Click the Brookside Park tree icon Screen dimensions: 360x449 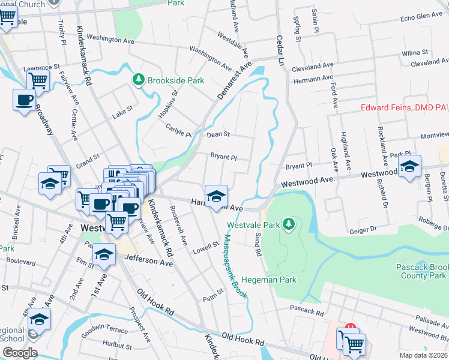coord(138,80)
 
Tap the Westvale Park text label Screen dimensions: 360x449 coord(255,225)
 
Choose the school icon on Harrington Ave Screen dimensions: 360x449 coord(216,196)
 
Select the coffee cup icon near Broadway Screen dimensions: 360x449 coord(24,100)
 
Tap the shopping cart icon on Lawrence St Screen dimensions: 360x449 coord(38,79)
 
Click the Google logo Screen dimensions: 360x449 coord(19,353)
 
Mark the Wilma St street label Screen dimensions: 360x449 coord(415,53)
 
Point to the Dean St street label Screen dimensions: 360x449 coord(218,135)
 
